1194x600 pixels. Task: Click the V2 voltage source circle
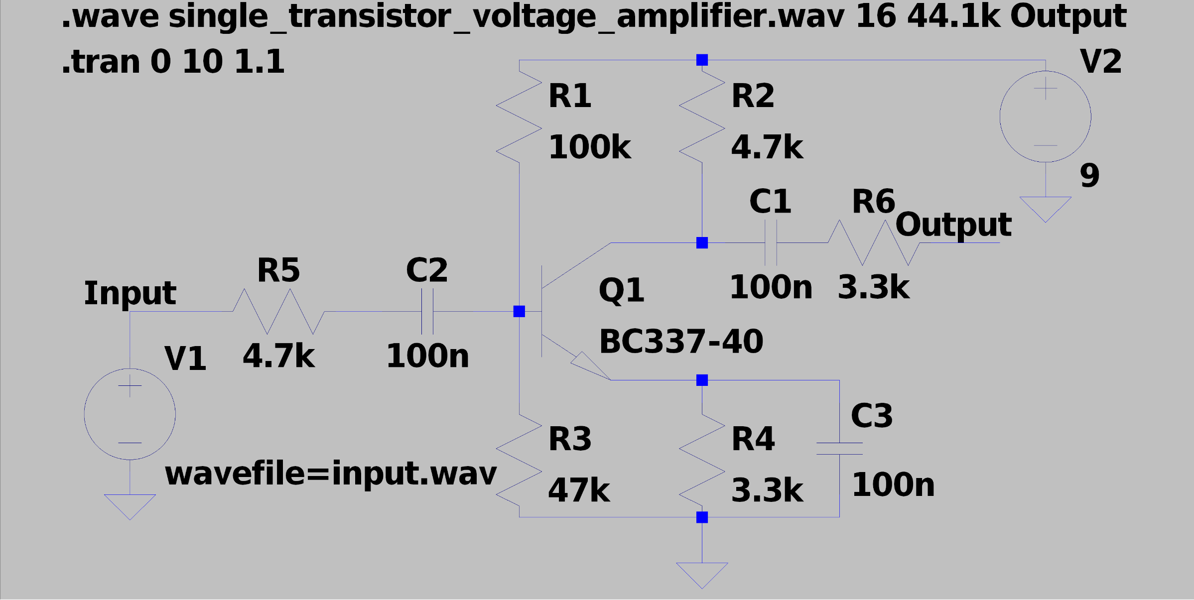click(1045, 117)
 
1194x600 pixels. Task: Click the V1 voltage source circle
click(130, 414)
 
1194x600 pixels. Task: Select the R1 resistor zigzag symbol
click(519, 117)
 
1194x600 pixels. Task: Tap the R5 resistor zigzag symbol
click(278, 311)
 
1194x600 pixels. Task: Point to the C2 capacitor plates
click(427, 311)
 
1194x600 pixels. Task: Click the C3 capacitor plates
click(839, 448)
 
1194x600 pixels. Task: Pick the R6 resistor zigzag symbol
click(874, 242)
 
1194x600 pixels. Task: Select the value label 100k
click(589, 147)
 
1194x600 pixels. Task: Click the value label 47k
click(579, 490)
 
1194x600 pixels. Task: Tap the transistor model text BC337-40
click(681, 342)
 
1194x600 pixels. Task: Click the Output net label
click(953, 225)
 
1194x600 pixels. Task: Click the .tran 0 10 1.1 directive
click(173, 62)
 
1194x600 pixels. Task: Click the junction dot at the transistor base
click(519, 311)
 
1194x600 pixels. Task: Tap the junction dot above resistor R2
click(702, 60)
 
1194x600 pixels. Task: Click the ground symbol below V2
click(1045, 208)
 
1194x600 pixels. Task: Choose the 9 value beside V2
click(1089, 175)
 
